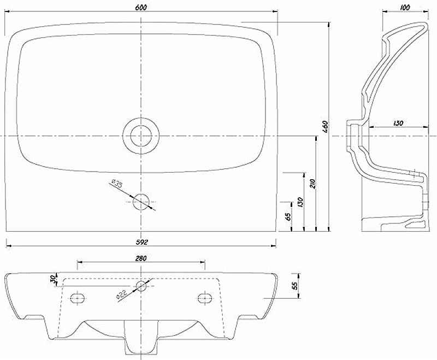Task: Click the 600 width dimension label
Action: (x=141, y=7)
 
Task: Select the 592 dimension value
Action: (x=141, y=242)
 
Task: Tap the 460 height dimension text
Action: (x=326, y=127)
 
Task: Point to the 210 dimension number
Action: (x=312, y=184)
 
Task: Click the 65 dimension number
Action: (x=288, y=216)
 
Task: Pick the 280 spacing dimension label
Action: (x=141, y=258)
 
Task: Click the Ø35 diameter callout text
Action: (x=117, y=184)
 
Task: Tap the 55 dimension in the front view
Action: (x=295, y=285)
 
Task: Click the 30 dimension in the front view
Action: (x=53, y=279)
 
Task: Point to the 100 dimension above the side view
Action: (x=405, y=8)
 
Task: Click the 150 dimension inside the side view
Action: (x=398, y=122)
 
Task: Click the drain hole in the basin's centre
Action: (x=141, y=136)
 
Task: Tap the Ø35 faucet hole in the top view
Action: (x=141, y=202)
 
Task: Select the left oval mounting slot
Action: (x=77, y=298)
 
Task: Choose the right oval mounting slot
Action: (x=205, y=298)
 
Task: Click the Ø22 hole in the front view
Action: (x=141, y=286)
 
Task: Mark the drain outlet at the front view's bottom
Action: (x=141, y=338)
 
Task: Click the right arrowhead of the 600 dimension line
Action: (x=275, y=11)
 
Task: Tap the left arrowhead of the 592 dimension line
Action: (x=9, y=246)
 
